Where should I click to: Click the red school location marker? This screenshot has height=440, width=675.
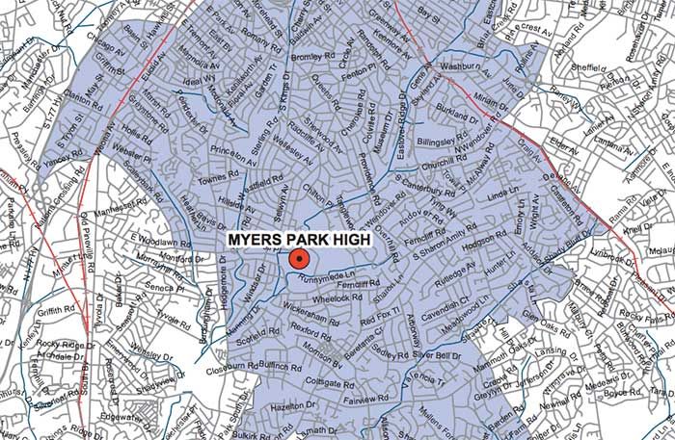(298, 258)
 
